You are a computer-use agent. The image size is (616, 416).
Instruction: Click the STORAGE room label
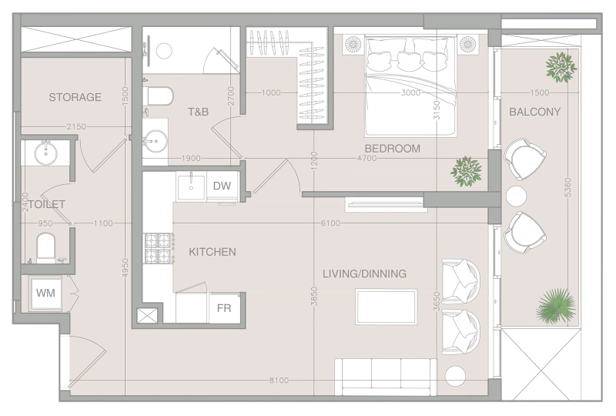point(75,97)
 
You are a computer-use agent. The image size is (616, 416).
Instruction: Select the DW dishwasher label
point(222,186)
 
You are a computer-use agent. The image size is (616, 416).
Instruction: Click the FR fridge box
point(223,308)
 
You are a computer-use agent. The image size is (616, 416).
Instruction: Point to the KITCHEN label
point(212,252)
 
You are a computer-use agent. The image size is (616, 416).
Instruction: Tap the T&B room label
point(199,112)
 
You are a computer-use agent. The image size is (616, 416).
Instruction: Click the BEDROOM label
point(392,149)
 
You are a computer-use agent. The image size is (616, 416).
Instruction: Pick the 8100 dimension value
point(280,381)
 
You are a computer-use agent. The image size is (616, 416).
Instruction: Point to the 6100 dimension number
point(330,223)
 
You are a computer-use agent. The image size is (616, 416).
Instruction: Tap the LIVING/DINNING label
point(364,273)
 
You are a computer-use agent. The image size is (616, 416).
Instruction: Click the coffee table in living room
point(386,307)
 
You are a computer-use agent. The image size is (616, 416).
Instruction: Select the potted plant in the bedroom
point(466,171)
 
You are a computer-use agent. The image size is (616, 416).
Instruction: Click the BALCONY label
point(534,112)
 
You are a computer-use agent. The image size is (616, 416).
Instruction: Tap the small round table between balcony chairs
point(515,196)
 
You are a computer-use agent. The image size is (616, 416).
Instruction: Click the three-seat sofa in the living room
point(385,377)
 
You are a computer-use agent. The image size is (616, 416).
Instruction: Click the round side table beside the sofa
point(456,377)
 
